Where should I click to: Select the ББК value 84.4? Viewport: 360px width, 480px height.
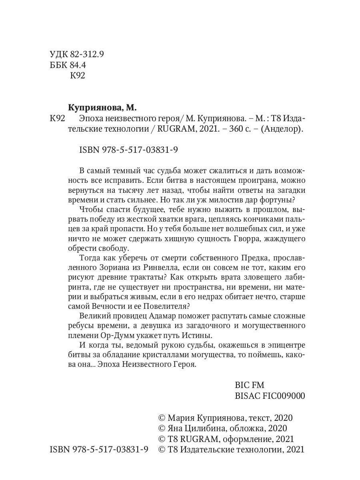point(78,65)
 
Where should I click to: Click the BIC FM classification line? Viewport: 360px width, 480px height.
point(250,386)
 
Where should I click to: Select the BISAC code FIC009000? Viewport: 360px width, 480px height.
point(270,396)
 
